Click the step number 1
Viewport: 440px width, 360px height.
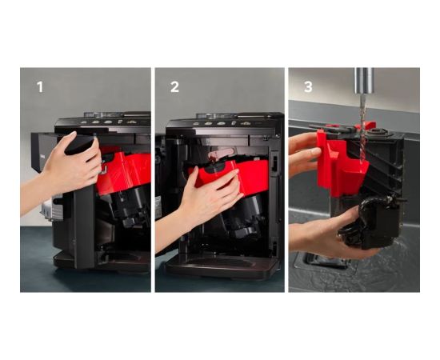(40, 87)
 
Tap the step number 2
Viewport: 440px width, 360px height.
(174, 87)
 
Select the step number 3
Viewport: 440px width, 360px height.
(308, 87)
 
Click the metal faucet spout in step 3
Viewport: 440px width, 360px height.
(364, 81)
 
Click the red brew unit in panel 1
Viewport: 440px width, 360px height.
(123, 171)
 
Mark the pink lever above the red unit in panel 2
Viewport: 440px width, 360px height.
(221, 154)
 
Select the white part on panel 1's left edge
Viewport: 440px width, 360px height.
(47, 209)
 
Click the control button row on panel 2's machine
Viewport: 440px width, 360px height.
(222, 123)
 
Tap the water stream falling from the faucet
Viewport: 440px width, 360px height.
(363, 128)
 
